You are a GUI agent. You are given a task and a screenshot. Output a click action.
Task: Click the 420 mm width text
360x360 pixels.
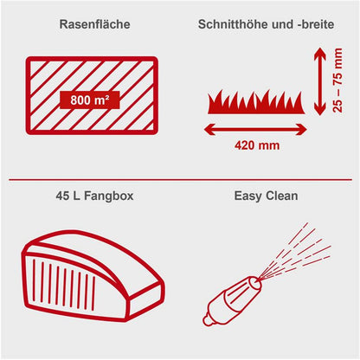(x=257, y=145)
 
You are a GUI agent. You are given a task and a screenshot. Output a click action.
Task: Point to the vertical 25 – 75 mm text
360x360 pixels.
(x=336, y=82)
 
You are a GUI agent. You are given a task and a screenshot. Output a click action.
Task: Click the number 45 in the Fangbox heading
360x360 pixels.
(x=59, y=196)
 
